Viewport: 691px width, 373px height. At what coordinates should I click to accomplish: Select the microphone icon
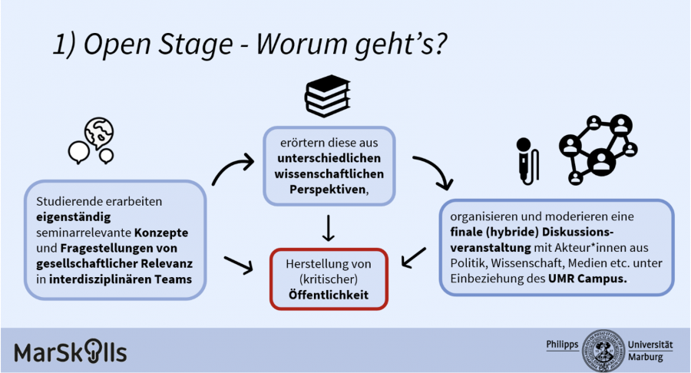point(527,157)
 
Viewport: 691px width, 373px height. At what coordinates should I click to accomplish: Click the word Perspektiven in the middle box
point(316,189)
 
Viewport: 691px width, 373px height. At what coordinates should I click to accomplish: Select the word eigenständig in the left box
point(68,217)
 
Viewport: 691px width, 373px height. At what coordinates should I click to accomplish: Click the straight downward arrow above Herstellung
point(329,228)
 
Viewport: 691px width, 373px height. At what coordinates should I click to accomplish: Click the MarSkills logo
point(70,352)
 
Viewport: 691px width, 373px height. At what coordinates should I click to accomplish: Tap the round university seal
point(603,350)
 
